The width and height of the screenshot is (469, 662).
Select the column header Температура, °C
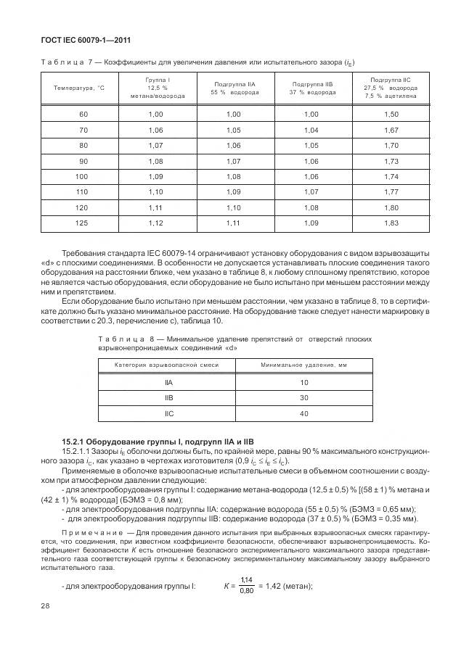(79, 88)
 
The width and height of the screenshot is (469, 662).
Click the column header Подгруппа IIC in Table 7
(391, 88)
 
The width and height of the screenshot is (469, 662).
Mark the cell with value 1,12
(155, 222)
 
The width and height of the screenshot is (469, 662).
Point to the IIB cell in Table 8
(168, 397)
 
